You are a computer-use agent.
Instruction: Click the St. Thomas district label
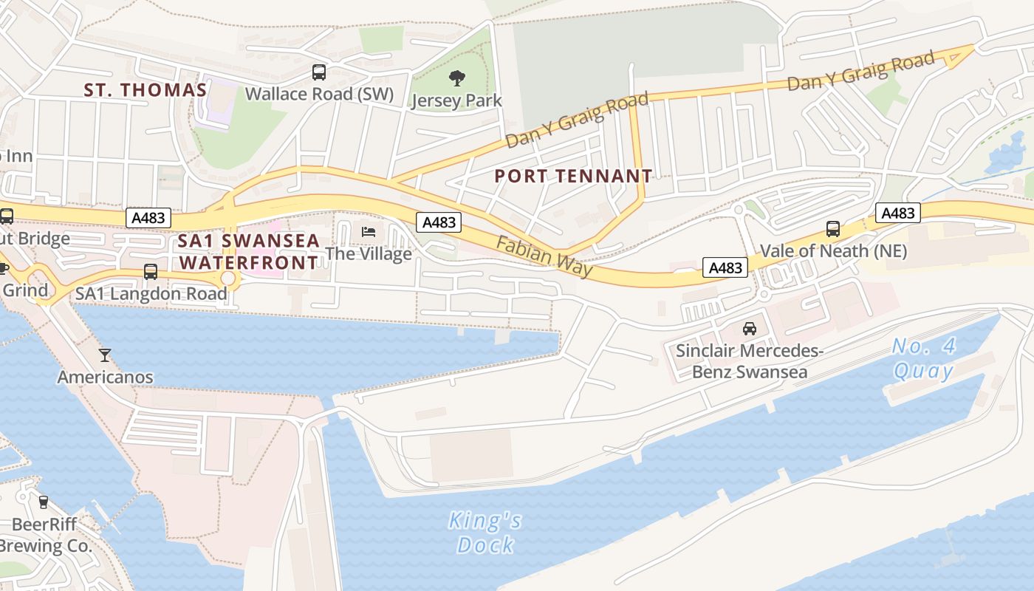click(x=145, y=90)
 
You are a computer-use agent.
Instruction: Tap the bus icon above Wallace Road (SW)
click(x=319, y=72)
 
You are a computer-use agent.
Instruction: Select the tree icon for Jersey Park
click(x=457, y=78)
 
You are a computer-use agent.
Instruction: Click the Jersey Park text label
click(x=457, y=100)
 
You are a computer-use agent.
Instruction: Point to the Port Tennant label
click(x=573, y=176)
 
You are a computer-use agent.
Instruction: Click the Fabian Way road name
click(x=544, y=257)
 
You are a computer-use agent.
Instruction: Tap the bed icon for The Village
click(x=369, y=232)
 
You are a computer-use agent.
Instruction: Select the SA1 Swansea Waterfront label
click(x=249, y=252)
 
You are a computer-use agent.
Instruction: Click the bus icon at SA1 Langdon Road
click(x=151, y=271)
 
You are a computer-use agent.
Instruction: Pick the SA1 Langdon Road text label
click(x=151, y=293)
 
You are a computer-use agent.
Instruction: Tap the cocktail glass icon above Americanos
click(x=105, y=355)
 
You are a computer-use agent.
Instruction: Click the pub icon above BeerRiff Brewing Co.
click(x=43, y=502)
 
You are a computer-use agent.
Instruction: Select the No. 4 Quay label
click(x=922, y=358)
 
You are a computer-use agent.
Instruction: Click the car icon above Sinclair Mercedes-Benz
click(x=749, y=328)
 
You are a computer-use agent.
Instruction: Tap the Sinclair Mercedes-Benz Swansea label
click(x=749, y=361)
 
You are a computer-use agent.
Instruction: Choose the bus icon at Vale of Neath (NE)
click(x=833, y=229)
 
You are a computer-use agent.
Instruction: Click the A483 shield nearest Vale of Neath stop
click(x=898, y=213)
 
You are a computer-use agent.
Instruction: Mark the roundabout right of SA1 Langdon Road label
click(x=228, y=279)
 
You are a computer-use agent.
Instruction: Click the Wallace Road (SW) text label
click(x=319, y=95)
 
